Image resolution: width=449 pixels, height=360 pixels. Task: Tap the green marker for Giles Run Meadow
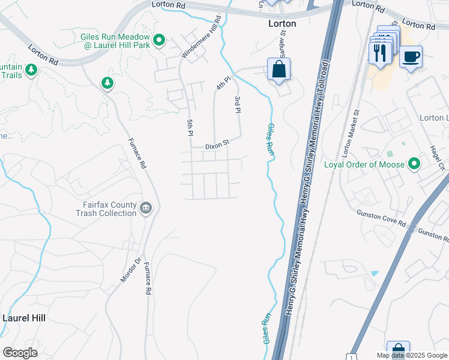tap(159, 40)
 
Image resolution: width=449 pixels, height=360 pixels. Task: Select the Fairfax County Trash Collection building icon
tap(145, 208)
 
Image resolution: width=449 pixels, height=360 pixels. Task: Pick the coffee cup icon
tap(411, 57)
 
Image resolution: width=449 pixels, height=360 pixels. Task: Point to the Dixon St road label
tap(217, 145)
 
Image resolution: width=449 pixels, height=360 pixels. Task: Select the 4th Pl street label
tap(223, 83)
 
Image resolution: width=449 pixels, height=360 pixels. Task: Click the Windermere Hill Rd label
tap(202, 37)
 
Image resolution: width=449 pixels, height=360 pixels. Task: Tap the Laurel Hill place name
tap(24, 317)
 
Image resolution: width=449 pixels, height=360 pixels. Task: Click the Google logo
tap(20, 353)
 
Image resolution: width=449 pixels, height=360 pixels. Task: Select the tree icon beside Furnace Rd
tap(107, 82)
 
